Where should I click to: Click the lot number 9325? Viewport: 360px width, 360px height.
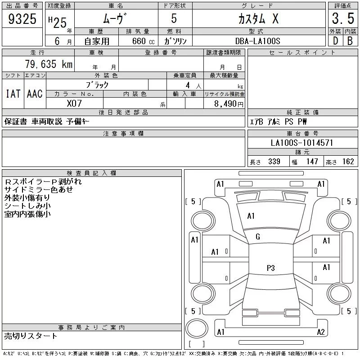click(22, 19)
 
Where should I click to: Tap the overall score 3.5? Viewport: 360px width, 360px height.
click(342, 19)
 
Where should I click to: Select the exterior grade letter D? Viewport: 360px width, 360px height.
click(335, 40)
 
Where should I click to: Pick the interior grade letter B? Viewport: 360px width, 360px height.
click(350, 40)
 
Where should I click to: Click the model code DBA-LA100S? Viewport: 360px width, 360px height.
click(258, 40)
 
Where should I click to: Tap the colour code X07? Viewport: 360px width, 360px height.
click(74, 103)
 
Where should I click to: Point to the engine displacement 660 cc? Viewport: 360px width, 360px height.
click(139, 40)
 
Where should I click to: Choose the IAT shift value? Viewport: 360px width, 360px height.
click(13, 94)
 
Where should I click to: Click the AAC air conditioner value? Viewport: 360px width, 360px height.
click(35, 94)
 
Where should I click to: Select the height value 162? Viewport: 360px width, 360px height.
click(348, 162)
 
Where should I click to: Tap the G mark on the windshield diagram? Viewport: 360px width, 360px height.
click(258, 237)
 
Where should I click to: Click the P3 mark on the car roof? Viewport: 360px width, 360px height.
click(271, 268)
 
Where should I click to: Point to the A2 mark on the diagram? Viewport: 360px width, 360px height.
click(321, 332)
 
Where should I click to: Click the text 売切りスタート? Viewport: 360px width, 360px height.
click(31, 336)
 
